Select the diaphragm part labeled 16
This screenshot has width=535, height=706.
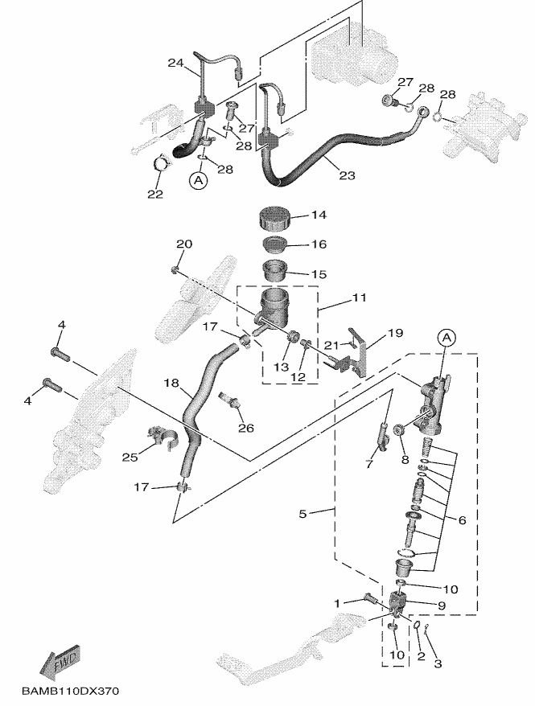(x=274, y=244)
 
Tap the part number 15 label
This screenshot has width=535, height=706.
(x=319, y=274)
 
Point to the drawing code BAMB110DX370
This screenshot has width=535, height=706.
(x=70, y=690)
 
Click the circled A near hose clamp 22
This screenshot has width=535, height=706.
(x=198, y=181)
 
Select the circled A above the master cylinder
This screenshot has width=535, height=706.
(x=446, y=337)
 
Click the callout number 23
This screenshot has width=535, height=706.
(x=347, y=175)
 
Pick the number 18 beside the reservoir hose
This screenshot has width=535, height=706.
(x=171, y=384)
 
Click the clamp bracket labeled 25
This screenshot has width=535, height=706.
(x=163, y=437)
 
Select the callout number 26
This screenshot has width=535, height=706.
(x=246, y=427)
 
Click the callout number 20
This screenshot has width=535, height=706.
(x=183, y=244)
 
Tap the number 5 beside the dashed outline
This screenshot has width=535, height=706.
(x=302, y=513)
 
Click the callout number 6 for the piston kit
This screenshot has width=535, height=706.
(x=462, y=520)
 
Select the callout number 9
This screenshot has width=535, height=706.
(x=442, y=605)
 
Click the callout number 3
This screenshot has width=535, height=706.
(x=438, y=663)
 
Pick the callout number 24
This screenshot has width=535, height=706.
(x=175, y=63)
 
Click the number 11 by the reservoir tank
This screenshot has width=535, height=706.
(x=360, y=298)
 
